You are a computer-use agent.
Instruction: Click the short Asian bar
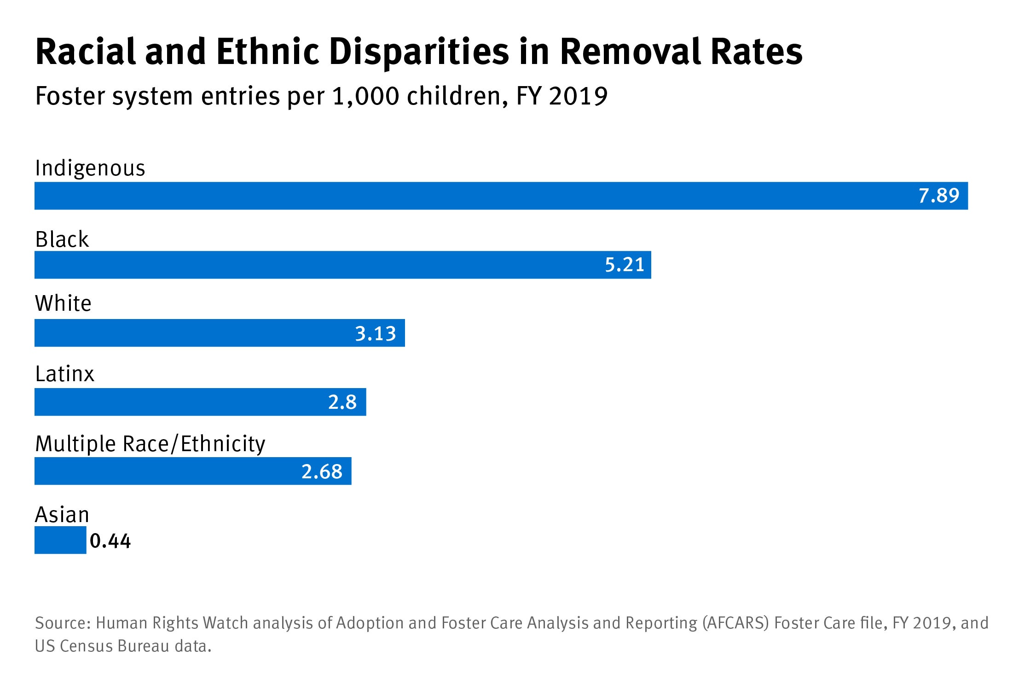click(x=60, y=540)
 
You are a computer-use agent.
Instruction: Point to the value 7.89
click(x=938, y=196)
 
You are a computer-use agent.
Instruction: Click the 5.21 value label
click(x=624, y=265)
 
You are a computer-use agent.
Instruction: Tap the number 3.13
click(x=375, y=333)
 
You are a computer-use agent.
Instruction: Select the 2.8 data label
click(x=342, y=402)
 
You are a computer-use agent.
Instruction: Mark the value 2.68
click(x=322, y=471)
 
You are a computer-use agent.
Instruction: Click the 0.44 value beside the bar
click(x=110, y=541)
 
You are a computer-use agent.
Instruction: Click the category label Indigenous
click(x=90, y=168)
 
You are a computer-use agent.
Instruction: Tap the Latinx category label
click(x=64, y=374)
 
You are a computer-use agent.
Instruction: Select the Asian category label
click(x=62, y=515)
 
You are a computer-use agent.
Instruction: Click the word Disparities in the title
click(x=419, y=52)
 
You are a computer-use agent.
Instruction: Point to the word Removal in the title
click(x=631, y=52)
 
